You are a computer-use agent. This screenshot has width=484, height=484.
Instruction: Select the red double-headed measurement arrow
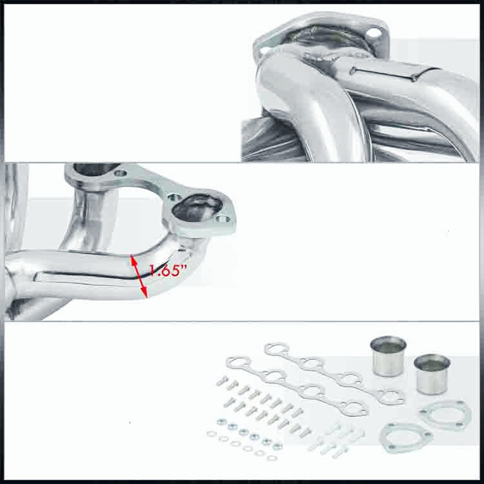[138, 276]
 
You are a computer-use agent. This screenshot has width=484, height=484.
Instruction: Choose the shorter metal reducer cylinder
[432, 374]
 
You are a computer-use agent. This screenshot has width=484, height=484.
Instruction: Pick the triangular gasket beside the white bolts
[399, 439]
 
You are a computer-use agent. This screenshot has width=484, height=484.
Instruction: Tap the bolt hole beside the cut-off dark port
[121, 172]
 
